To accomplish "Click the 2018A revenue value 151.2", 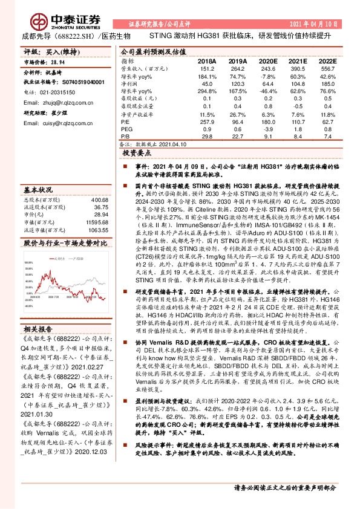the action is [206, 68].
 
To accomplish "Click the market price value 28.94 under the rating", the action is [59, 62].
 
